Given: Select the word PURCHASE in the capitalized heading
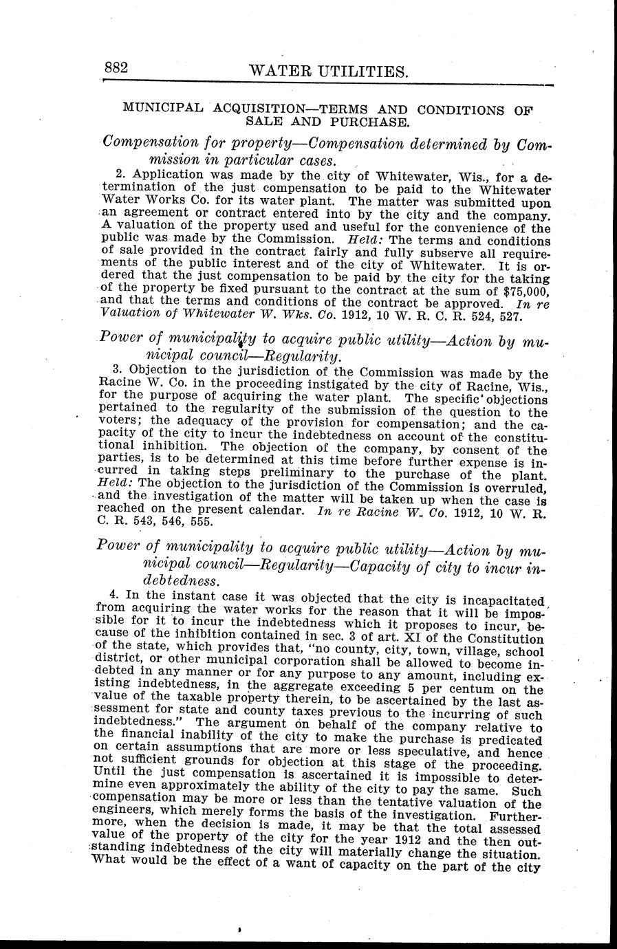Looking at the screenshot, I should click(376, 122).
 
